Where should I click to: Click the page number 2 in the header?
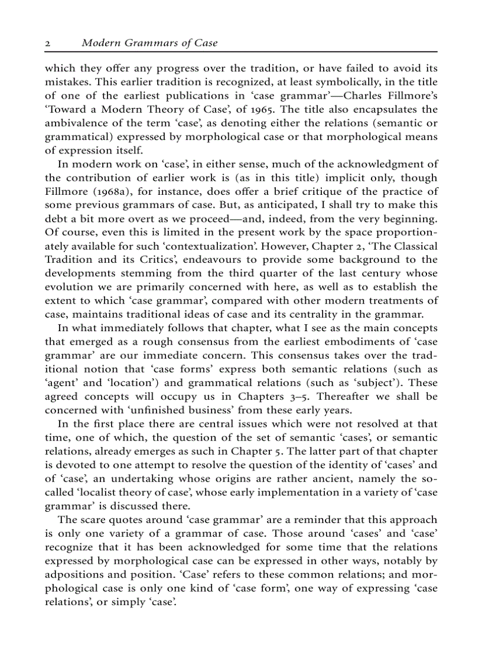coord(48,43)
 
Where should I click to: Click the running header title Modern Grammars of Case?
coord(149,43)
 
